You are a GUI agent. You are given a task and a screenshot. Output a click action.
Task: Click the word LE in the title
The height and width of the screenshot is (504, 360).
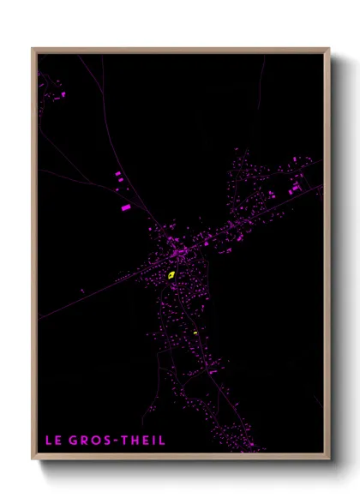pyautogui.click(x=53, y=441)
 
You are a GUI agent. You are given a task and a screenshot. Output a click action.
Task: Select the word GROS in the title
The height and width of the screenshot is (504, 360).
pyautogui.click(x=90, y=441)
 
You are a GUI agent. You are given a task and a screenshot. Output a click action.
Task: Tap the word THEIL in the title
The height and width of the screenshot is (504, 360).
pyautogui.click(x=143, y=441)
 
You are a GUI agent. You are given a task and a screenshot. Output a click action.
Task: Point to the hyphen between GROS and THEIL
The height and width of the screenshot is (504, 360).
pyautogui.click(x=117, y=441)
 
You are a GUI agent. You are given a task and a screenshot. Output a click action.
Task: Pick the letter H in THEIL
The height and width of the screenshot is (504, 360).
pyautogui.click(x=135, y=441)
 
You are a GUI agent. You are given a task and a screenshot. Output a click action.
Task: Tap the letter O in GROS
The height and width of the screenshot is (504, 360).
pyautogui.click(x=95, y=441)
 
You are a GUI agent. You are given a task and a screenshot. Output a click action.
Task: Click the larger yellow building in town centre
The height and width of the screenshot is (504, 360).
pyautogui.click(x=171, y=275)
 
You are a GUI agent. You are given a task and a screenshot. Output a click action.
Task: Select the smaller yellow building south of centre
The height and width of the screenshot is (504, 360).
pyautogui.click(x=195, y=333)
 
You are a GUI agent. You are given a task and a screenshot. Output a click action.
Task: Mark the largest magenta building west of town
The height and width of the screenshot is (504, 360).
pyautogui.click(x=125, y=207)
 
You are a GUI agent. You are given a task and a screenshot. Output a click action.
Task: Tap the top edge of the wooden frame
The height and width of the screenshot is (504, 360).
pyautogui.click(x=180, y=50)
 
